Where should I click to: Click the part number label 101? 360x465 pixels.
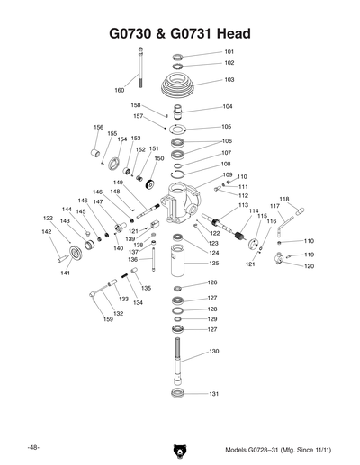click(229, 52)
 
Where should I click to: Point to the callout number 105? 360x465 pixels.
click(227, 127)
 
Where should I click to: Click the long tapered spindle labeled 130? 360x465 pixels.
click(179, 361)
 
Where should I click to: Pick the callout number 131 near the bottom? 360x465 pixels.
click(214, 394)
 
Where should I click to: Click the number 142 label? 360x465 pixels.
click(47, 231)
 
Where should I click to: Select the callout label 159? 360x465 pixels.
click(107, 319)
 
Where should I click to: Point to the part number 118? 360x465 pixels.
click(284, 199)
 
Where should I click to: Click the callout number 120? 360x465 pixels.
click(309, 266)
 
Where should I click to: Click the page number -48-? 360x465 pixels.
click(32, 447)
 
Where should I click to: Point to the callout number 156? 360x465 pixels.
click(99, 127)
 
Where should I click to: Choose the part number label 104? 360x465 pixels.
click(228, 106)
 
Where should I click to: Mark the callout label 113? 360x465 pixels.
click(243, 205)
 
